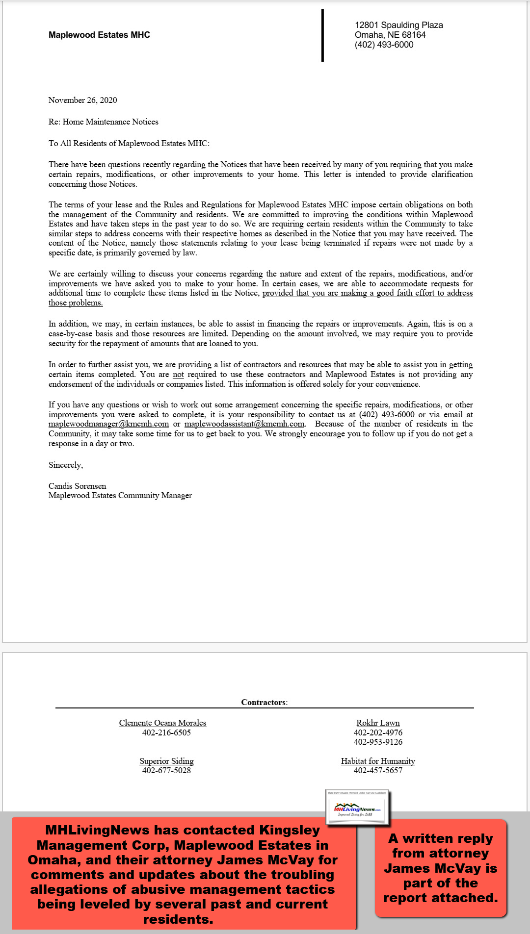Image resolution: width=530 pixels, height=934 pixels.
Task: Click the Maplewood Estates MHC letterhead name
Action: click(x=99, y=35)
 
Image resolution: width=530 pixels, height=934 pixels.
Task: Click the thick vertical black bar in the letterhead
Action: click(x=322, y=35)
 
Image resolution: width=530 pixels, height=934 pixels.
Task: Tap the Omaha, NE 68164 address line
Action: click(x=390, y=35)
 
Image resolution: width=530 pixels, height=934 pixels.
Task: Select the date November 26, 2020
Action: click(x=82, y=100)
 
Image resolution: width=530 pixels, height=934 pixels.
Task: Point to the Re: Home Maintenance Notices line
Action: click(x=103, y=122)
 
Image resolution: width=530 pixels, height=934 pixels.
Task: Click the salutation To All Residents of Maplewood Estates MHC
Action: click(x=129, y=143)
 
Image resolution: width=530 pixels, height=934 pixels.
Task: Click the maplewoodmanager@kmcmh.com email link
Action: click(x=108, y=424)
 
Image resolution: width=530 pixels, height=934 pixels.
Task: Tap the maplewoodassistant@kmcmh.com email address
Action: click(x=244, y=424)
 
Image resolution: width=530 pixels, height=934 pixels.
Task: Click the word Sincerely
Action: click(x=66, y=465)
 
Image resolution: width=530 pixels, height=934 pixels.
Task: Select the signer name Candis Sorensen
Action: click(x=77, y=486)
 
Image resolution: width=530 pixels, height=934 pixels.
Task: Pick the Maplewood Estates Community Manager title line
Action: click(x=120, y=496)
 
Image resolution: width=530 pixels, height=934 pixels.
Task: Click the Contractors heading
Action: click(x=264, y=702)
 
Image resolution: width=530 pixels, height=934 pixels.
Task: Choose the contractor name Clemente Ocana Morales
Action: click(x=162, y=723)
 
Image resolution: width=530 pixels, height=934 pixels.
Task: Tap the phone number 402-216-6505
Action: click(x=166, y=732)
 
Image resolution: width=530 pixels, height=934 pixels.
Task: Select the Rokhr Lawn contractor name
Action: click(x=378, y=723)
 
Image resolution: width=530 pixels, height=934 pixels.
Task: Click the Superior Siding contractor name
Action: click(x=166, y=761)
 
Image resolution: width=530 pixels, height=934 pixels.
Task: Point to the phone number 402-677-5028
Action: click(x=166, y=770)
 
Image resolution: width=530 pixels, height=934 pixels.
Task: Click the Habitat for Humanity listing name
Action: click(x=378, y=761)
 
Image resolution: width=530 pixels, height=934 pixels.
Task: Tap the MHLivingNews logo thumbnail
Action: click(x=357, y=807)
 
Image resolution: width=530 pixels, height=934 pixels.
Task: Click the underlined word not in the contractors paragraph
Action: click(x=178, y=375)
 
